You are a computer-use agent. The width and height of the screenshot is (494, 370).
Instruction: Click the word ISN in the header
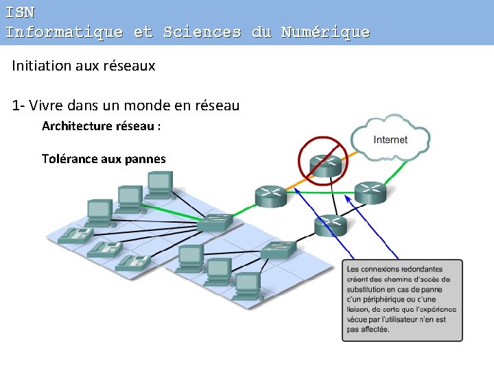tap(20, 12)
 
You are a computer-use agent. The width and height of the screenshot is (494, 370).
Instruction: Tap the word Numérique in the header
tap(325, 32)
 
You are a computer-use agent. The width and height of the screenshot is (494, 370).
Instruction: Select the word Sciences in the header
tap(202, 32)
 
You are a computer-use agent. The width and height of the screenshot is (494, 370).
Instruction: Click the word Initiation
tap(40, 66)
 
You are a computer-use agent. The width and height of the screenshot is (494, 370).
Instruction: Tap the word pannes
tap(145, 159)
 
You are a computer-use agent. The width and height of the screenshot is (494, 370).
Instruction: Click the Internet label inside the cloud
tap(390, 140)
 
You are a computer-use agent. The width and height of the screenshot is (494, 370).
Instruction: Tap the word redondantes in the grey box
tap(419, 269)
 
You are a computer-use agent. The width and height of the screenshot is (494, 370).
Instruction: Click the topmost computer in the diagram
tap(158, 181)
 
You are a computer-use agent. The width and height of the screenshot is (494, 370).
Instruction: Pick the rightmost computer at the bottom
tap(247, 284)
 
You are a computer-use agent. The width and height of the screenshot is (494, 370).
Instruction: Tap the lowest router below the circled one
tap(331, 224)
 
